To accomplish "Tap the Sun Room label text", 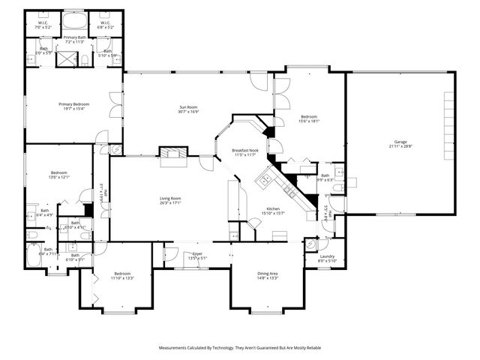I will pyautogui.click(x=188, y=107).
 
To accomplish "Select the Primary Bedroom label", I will pyautogui.click(x=74, y=103).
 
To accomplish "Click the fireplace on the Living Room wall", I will pyautogui.click(x=173, y=154).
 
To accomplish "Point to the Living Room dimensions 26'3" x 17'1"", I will pyautogui.click(x=169, y=202).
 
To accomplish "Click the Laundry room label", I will pyautogui.click(x=327, y=256).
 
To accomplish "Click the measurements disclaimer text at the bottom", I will pyautogui.click(x=239, y=348).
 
